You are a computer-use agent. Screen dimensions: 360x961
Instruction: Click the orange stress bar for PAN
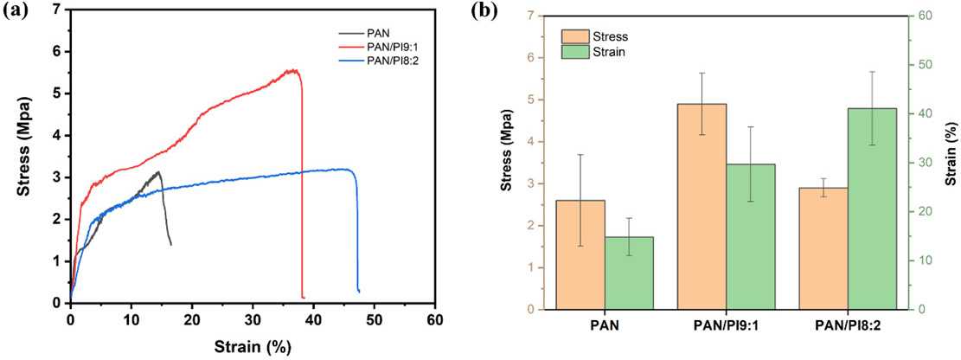pos(580,254)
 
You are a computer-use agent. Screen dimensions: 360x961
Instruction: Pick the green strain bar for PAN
pos(629,273)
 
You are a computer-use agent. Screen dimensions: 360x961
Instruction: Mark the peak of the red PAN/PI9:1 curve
pos(295,70)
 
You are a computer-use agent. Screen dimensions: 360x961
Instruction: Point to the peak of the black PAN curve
pos(158,172)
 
